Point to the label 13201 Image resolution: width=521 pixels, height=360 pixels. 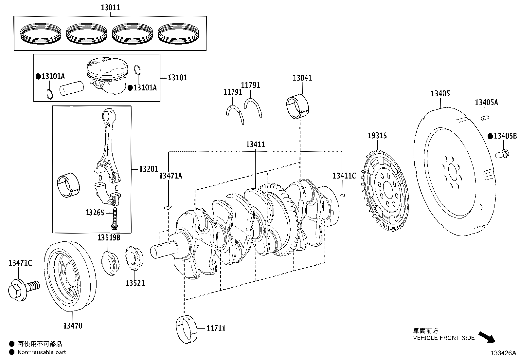pos(149,169)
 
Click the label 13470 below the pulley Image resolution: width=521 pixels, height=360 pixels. pos(73,326)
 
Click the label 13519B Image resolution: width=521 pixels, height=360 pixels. pos(109,237)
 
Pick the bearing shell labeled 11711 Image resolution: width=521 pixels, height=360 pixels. pos(187,329)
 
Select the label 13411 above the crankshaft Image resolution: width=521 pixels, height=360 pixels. pos(256,144)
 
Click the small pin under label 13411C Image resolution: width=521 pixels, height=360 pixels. pos(343,196)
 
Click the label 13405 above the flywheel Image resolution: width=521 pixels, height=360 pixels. pos(440,94)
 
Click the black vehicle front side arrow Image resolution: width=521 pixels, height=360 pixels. pos(487,337)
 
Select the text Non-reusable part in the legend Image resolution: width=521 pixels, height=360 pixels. pos(42,352)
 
